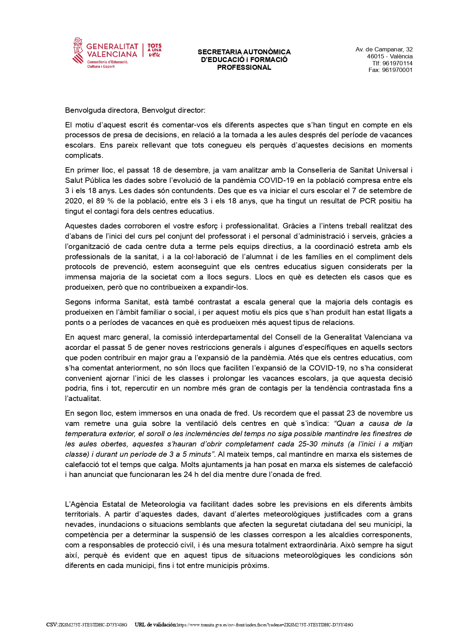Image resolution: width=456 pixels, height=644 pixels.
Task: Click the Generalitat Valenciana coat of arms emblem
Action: coord(78,50)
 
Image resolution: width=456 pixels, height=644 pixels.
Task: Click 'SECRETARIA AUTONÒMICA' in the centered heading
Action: coord(244,52)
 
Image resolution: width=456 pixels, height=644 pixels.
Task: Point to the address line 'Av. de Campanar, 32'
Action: coord(384,50)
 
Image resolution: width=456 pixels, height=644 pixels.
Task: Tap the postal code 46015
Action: coord(375,57)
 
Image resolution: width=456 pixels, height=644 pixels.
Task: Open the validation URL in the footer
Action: coord(265,625)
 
